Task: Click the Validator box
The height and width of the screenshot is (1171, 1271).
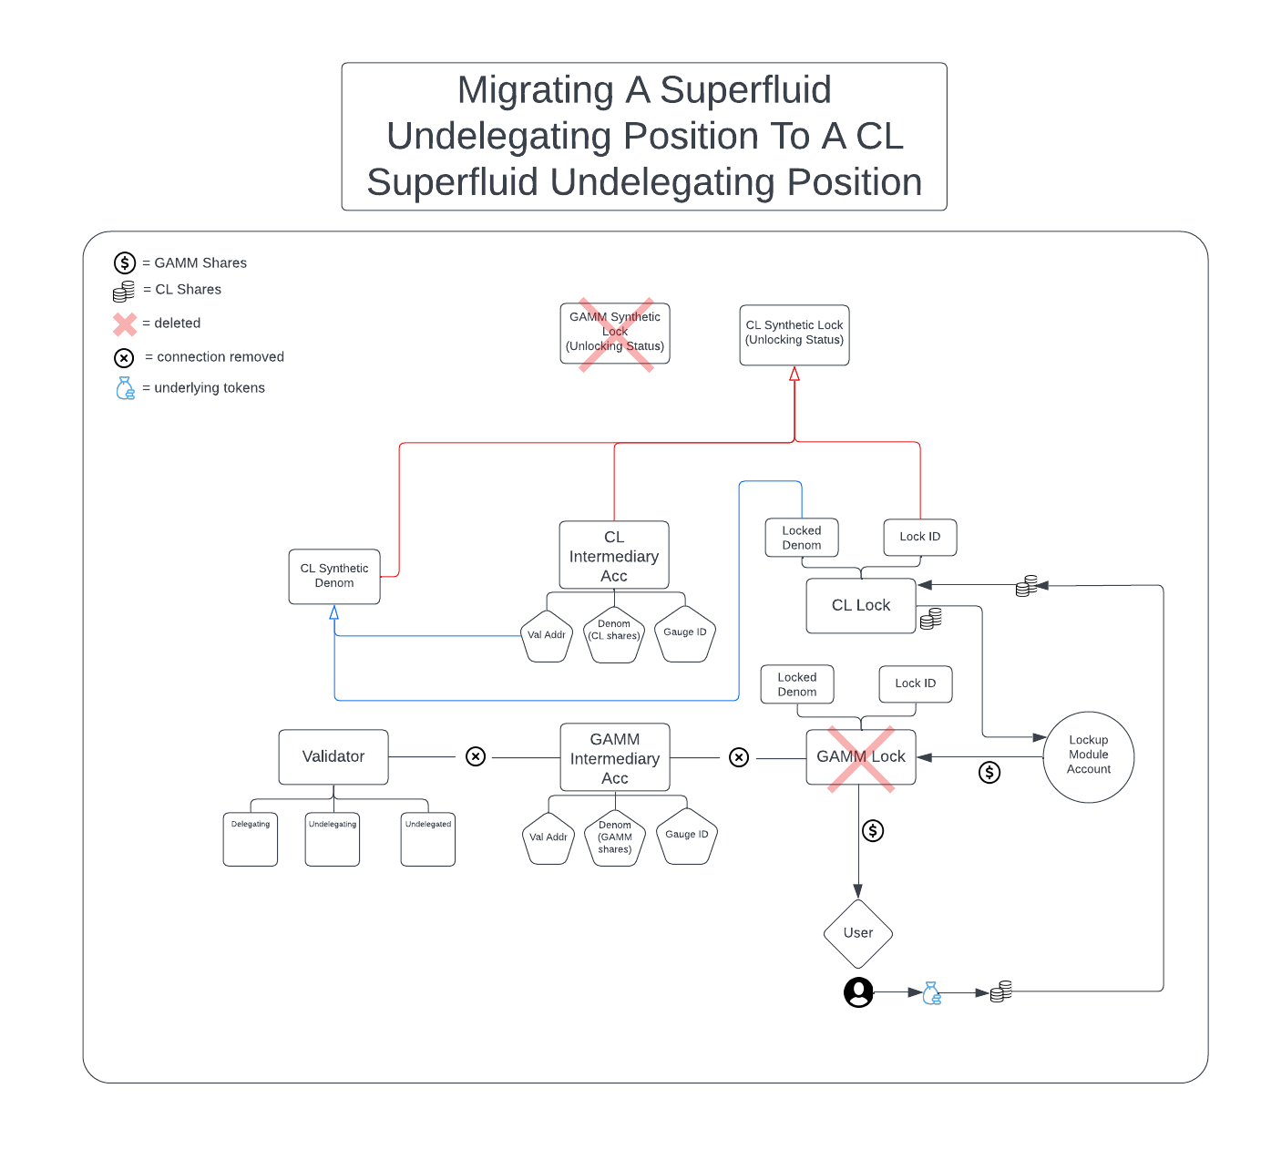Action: tap(333, 757)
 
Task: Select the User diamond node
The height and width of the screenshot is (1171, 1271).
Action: tap(857, 934)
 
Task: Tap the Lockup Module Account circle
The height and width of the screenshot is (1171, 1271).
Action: tap(1088, 756)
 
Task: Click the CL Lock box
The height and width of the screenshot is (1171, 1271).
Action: tap(860, 606)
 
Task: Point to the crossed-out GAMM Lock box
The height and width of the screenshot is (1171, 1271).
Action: tap(860, 757)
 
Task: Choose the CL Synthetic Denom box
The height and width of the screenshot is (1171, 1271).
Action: tap(334, 576)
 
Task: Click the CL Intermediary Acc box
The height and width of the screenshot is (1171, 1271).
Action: tap(614, 556)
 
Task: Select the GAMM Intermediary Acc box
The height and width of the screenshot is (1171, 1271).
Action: tap(615, 758)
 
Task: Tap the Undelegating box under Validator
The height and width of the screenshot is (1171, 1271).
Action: tap(333, 839)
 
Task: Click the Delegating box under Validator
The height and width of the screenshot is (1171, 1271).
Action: tap(251, 839)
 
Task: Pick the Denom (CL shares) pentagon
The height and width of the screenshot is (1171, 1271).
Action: tap(614, 634)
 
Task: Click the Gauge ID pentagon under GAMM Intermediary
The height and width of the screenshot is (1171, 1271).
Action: tap(687, 837)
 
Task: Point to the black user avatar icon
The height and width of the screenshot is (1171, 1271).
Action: tap(858, 992)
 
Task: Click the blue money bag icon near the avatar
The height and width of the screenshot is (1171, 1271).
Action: tap(931, 993)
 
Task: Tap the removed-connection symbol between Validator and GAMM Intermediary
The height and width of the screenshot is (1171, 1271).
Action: tap(476, 757)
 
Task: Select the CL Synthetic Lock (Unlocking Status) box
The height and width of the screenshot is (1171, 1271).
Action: tap(794, 334)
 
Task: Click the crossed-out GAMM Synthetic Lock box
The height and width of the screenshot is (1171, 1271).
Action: tap(615, 334)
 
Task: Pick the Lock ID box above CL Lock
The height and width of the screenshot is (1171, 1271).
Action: tap(920, 537)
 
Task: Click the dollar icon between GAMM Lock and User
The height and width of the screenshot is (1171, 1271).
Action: tap(873, 831)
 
